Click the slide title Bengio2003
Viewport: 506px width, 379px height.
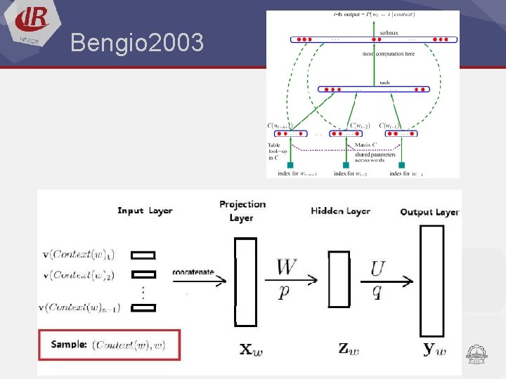tap(137, 44)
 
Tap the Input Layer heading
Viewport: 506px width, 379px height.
tap(145, 211)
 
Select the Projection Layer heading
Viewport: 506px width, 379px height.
tap(242, 210)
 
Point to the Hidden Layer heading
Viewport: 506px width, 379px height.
tap(340, 211)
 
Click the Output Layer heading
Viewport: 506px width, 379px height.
tap(429, 211)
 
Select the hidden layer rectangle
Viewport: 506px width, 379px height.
tap(339, 279)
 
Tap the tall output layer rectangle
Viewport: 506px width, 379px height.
tap(432, 281)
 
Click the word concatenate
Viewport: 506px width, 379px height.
tap(193, 272)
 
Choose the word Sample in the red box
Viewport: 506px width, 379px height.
tap(69, 345)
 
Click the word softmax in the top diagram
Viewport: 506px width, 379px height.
tap(389, 32)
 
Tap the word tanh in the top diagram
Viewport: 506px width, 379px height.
tap(384, 83)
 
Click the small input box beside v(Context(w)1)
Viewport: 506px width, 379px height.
tap(143, 255)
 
